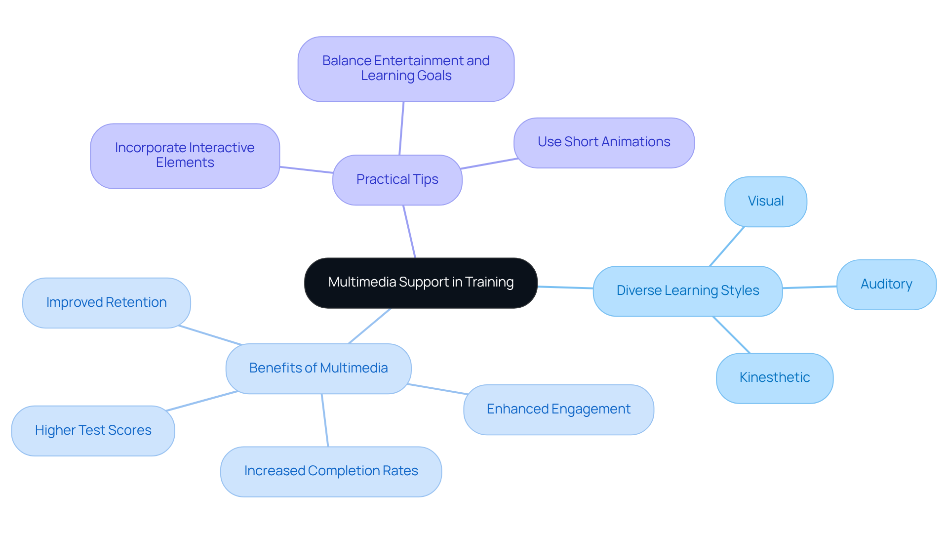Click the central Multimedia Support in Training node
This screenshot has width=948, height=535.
tap(421, 283)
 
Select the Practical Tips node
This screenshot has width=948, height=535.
tap(397, 180)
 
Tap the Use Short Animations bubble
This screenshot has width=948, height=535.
tap(603, 142)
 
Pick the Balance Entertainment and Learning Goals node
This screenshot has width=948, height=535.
tap(406, 69)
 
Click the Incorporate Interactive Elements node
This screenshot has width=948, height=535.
tap(185, 156)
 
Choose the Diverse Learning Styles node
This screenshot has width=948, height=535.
tap(687, 291)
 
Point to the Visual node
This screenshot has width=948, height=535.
tap(765, 202)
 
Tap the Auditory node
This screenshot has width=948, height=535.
tap(886, 285)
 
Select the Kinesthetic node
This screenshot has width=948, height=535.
tap(774, 378)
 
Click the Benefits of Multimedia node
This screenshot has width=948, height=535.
tap(318, 369)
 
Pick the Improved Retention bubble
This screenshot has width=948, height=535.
tap(106, 303)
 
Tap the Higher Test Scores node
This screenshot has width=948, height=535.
tap(93, 431)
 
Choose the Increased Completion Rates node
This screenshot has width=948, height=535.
tap(331, 471)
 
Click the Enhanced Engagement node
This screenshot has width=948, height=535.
tap(558, 410)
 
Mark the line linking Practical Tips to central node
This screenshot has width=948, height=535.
tap(409, 231)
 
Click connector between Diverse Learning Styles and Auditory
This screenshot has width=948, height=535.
tap(810, 287)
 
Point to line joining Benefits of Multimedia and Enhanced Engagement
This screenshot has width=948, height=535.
tap(437, 389)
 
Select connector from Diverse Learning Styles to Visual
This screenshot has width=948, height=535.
tap(727, 246)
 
